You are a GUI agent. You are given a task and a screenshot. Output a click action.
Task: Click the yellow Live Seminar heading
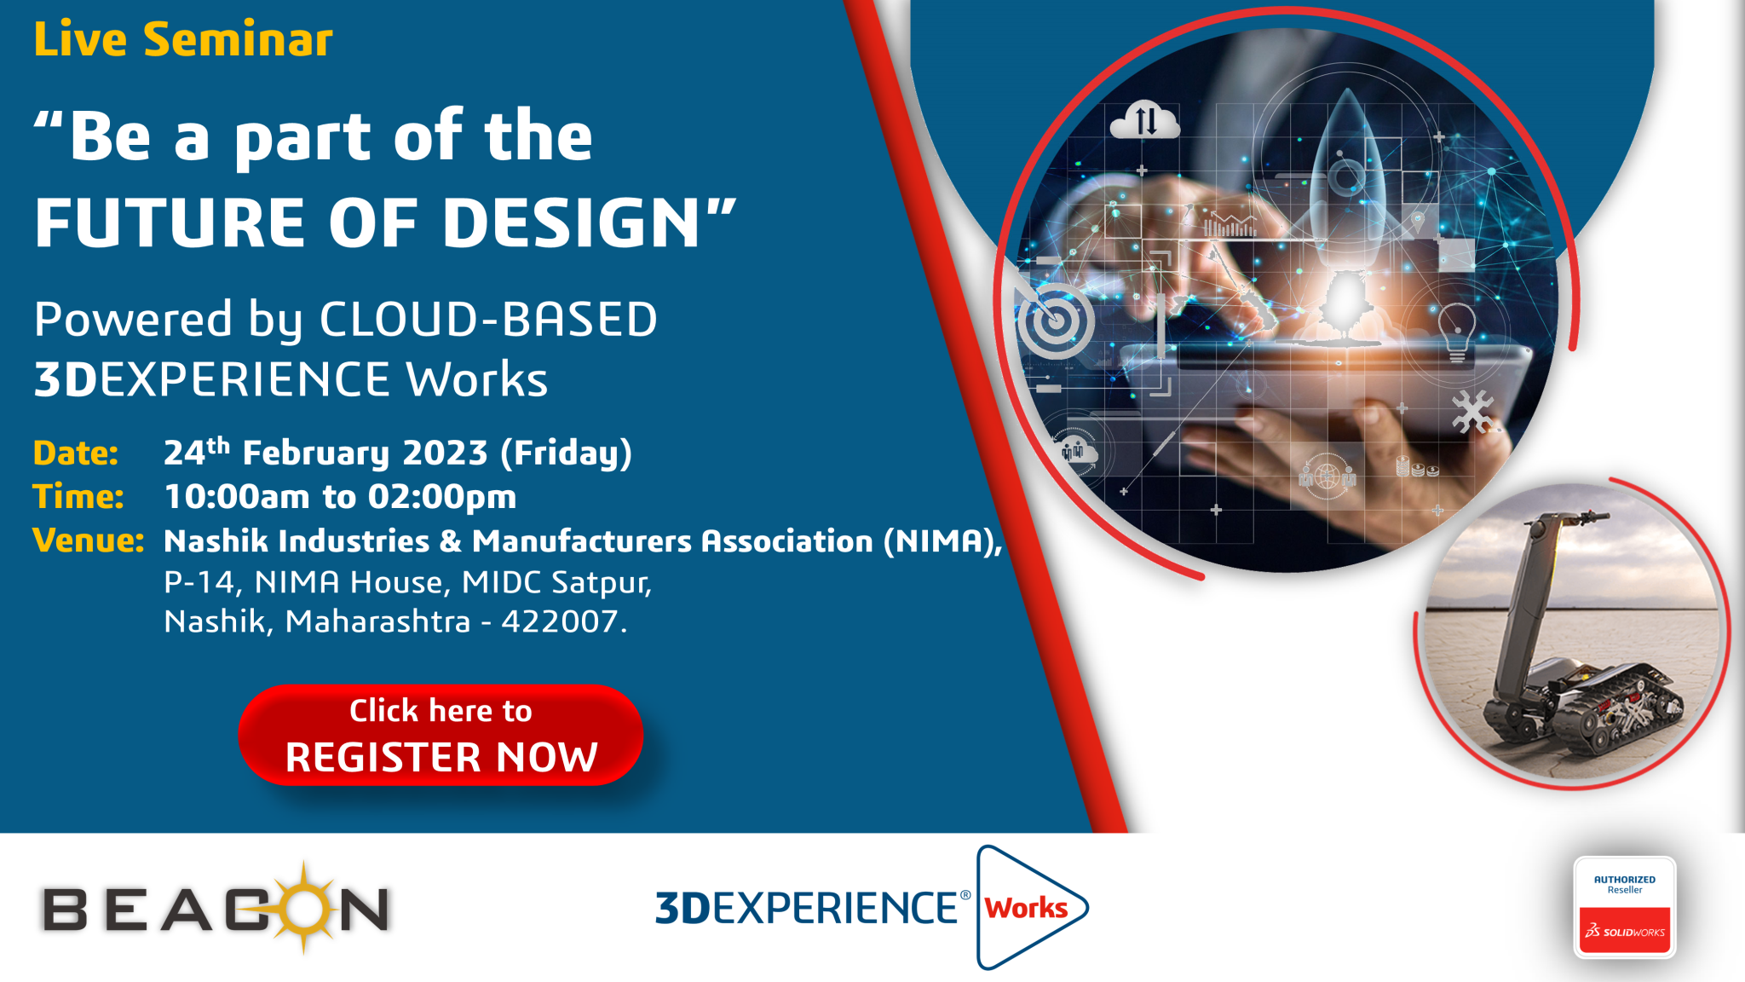coord(183,39)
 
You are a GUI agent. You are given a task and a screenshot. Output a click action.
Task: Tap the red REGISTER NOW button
coord(441,735)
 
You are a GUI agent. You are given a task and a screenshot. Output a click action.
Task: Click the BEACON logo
coord(216,908)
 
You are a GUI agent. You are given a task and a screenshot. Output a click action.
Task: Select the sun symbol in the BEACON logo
coord(304,907)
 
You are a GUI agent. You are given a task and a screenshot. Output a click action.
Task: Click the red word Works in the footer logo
coord(1026,908)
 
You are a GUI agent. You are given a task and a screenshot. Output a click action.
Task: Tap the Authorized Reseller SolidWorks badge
coord(1625,907)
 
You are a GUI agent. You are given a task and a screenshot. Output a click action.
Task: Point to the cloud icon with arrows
coord(1145,120)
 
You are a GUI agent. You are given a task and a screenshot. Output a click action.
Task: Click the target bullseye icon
coord(1055,321)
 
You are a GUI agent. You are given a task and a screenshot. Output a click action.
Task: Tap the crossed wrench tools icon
coord(1472,412)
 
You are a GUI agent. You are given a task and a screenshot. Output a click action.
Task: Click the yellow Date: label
coord(76,453)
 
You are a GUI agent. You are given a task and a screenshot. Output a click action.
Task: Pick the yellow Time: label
coord(78,496)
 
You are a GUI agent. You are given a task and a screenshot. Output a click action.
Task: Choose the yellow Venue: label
coord(89,540)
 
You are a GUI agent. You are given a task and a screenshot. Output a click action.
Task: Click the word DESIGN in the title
coord(572,222)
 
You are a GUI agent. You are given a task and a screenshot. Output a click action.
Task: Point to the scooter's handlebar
coord(1573,517)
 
